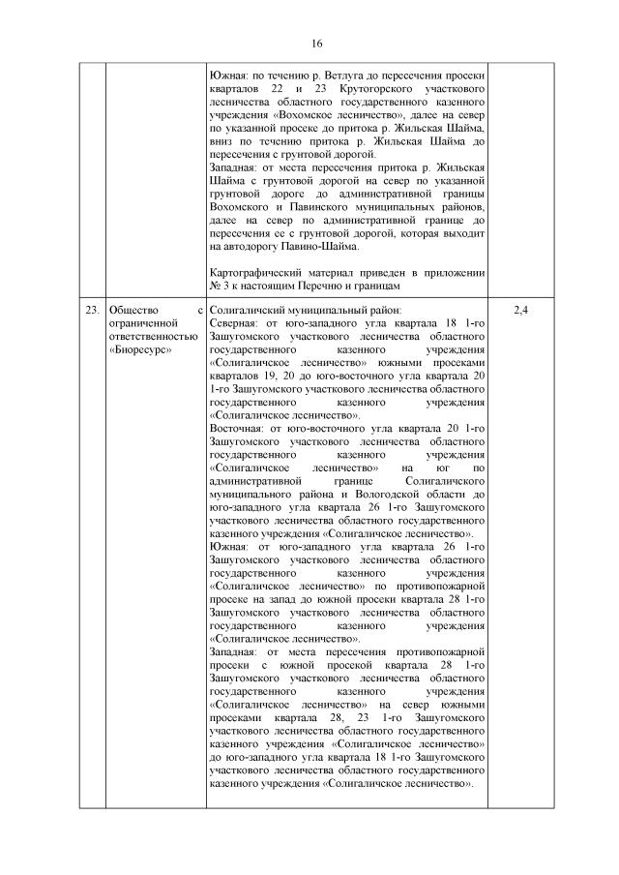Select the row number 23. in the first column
(91, 310)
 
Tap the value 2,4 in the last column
(519, 310)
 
